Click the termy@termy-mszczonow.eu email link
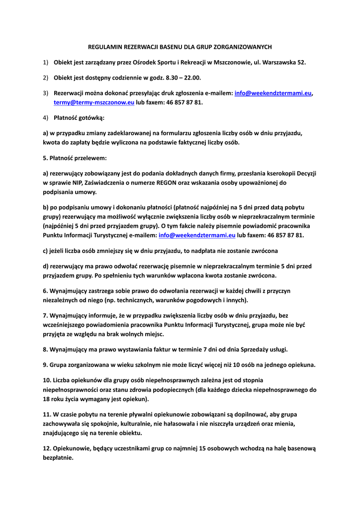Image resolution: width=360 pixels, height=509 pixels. click(x=94, y=102)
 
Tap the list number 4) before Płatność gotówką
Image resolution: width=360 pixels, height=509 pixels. click(x=45, y=118)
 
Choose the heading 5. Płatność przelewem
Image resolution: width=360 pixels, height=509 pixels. click(x=75, y=158)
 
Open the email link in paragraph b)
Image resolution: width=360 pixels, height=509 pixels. click(x=197, y=235)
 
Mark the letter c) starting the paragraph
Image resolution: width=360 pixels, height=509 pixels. click(x=46, y=251)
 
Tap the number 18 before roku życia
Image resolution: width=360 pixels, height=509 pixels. click(x=46, y=399)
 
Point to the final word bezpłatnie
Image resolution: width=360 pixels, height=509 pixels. click(x=58, y=457)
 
